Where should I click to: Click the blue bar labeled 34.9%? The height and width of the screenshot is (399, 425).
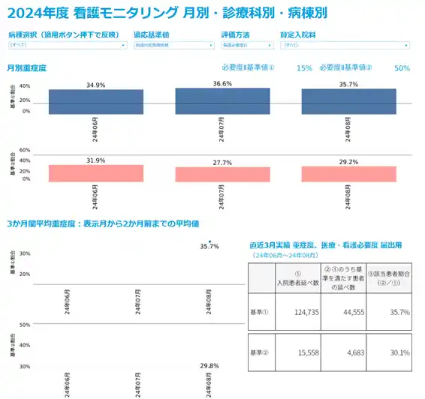(x=95, y=102)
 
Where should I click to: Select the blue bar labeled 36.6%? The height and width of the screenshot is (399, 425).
(x=222, y=101)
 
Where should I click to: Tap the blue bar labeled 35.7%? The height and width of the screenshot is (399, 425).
(x=348, y=101)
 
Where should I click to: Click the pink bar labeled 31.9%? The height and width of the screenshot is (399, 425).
(x=95, y=173)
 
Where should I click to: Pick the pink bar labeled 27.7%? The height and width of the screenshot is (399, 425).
(x=222, y=175)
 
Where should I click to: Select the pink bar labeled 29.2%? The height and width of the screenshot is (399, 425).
(x=348, y=174)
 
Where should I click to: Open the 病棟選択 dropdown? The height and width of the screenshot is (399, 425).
(x=67, y=45)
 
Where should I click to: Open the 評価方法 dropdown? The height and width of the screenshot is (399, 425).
(x=246, y=45)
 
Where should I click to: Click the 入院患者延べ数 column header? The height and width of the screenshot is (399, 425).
(x=298, y=279)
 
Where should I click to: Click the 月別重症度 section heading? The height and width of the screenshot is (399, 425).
(x=26, y=67)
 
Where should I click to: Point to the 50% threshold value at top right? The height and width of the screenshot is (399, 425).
(x=402, y=68)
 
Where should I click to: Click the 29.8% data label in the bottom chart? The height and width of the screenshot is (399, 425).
(x=209, y=365)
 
